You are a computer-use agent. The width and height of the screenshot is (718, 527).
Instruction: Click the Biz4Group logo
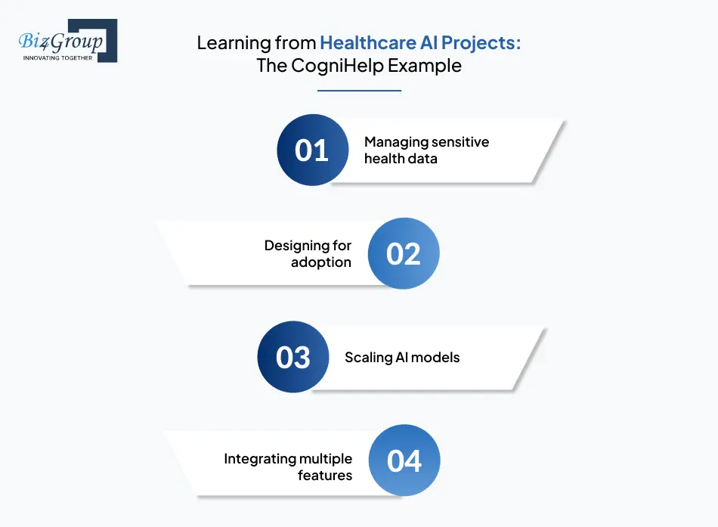(68, 40)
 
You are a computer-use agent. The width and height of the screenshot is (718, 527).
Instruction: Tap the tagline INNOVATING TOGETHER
(57, 57)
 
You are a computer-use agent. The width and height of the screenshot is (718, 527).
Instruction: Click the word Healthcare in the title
(368, 42)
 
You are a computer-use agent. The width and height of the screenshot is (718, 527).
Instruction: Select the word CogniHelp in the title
(338, 66)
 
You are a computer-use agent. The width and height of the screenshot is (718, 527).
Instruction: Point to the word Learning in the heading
(234, 44)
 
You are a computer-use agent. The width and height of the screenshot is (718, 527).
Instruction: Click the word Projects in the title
(481, 43)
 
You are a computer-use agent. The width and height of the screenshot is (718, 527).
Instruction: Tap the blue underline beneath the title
(360, 91)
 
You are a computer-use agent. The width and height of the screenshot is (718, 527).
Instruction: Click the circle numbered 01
(313, 150)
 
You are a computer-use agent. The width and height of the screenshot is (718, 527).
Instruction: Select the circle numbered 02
(404, 253)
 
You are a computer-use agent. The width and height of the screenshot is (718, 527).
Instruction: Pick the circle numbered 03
(293, 357)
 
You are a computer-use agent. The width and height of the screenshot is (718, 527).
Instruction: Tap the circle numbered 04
(404, 460)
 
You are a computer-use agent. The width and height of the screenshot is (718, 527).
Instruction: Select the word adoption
(321, 262)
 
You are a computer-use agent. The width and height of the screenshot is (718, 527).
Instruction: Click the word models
(437, 358)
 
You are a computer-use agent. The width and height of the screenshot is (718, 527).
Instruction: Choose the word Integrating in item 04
(260, 459)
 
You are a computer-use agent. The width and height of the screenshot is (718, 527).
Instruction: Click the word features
(325, 476)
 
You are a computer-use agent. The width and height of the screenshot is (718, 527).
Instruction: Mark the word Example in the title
(425, 66)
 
